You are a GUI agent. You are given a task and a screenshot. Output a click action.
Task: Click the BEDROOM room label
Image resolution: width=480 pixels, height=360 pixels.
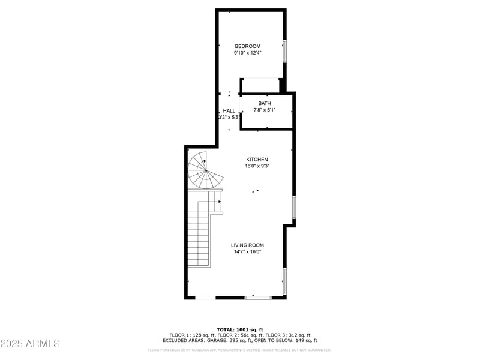pyautogui.click(x=247, y=46)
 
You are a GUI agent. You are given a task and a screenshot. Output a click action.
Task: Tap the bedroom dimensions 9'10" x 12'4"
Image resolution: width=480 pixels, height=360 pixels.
pyautogui.click(x=247, y=53)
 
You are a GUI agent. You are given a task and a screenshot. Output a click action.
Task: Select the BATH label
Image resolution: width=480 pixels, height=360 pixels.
pyautogui.click(x=265, y=103)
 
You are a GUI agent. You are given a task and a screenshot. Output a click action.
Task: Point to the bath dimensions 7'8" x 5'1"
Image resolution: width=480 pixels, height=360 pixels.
pyautogui.click(x=265, y=110)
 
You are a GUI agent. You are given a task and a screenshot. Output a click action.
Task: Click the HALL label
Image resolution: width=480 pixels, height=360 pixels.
pyautogui.click(x=229, y=111)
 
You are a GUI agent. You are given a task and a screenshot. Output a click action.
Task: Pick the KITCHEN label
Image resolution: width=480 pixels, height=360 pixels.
pyautogui.click(x=256, y=160)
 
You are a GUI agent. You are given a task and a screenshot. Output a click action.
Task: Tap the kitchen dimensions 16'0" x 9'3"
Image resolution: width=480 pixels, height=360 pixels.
pyautogui.click(x=256, y=166)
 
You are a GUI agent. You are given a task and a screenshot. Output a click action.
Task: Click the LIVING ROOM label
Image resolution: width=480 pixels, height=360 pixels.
pyautogui.click(x=248, y=245)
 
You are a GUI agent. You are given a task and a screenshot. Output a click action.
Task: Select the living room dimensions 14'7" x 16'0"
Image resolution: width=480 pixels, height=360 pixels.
pyautogui.click(x=248, y=252)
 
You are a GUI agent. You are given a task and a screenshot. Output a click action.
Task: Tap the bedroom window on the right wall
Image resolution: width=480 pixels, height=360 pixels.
pyautogui.click(x=285, y=51)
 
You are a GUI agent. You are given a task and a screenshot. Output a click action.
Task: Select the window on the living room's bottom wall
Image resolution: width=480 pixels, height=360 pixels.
pyautogui.click(x=258, y=297)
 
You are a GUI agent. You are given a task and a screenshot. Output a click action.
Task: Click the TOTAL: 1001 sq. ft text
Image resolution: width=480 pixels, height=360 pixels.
pyautogui.click(x=240, y=329)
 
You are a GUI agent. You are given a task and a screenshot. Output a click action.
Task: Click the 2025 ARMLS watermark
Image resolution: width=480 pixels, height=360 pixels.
pyautogui.click(x=30, y=343)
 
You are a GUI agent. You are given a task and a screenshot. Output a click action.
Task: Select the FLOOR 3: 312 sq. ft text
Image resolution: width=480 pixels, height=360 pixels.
pyautogui.click(x=288, y=335)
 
